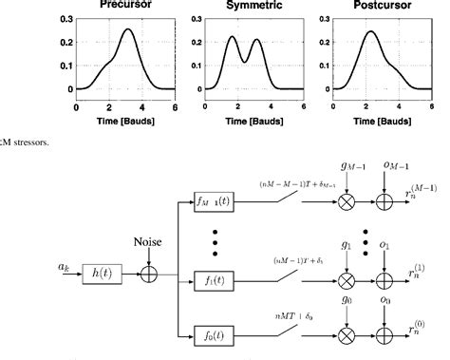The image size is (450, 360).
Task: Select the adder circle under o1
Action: click(386, 280)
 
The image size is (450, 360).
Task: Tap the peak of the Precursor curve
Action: click(129, 29)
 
